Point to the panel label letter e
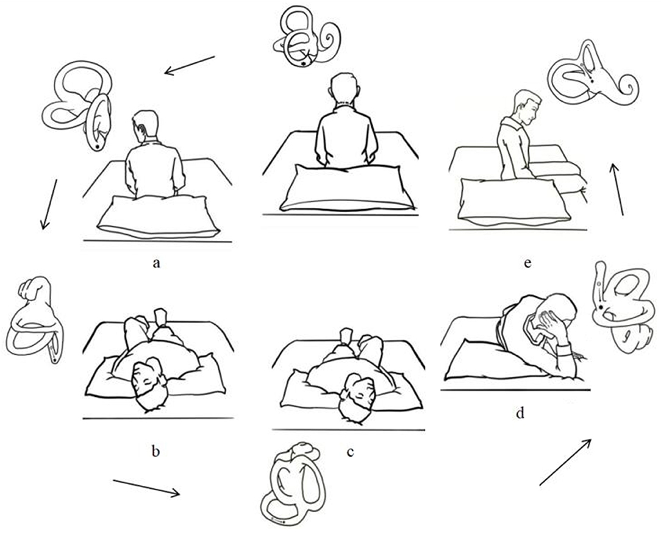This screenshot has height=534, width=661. pyautogui.click(x=528, y=263)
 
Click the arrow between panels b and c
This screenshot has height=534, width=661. pyautogui.click(x=146, y=488)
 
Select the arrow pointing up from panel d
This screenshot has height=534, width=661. pyautogui.click(x=565, y=462)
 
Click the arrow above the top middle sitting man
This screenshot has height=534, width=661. pyautogui.click(x=190, y=65)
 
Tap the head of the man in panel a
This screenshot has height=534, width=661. pyautogui.click(x=146, y=124)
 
